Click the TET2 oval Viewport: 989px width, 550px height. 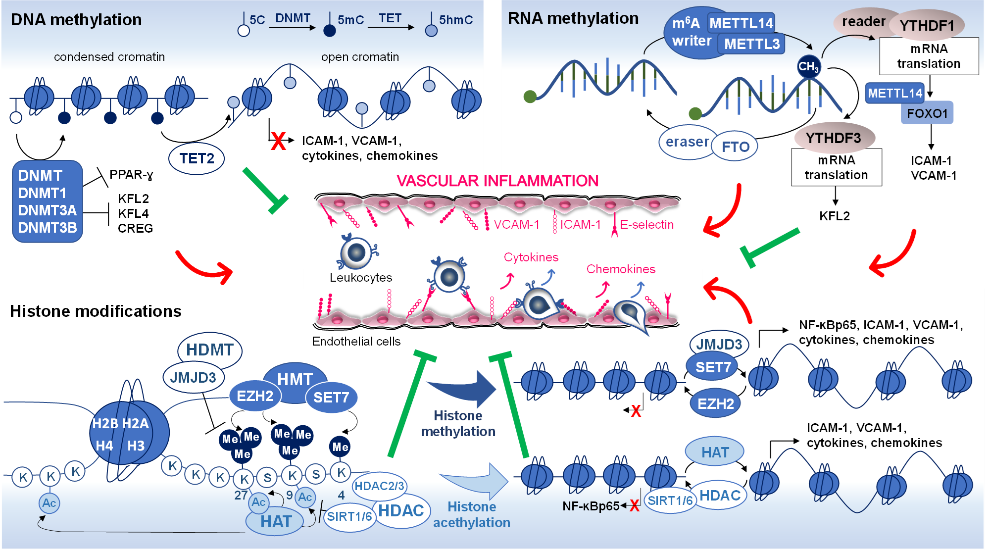pyautogui.click(x=197, y=158)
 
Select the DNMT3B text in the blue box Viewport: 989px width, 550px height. pyautogui.click(x=48, y=228)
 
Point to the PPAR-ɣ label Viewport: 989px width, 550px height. pyautogui.click(x=131, y=175)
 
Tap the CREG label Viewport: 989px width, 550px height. pyautogui.click(x=135, y=228)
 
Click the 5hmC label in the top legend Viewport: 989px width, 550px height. pyautogui.click(x=455, y=20)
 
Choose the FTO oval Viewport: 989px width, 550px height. pyautogui.click(x=735, y=147)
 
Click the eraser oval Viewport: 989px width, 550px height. pyautogui.click(x=687, y=142)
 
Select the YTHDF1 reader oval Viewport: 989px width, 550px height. pyautogui.click(x=927, y=26)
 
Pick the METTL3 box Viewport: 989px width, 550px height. pyautogui.click(x=751, y=44)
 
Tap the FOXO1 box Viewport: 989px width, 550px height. pyautogui.click(x=927, y=114)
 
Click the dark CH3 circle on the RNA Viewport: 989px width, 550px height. pyautogui.click(x=808, y=66)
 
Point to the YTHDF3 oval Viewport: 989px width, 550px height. pyautogui.click(x=834, y=138)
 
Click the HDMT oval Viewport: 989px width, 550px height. pyautogui.click(x=209, y=350)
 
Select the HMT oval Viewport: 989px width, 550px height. pyautogui.click(x=295, y=378)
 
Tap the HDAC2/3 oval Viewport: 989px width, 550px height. pyautogui.click(x=379, y=486)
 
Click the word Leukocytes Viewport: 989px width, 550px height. pyautogui.click(x=360, y=278)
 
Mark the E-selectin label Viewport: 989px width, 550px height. pyautogui.click(x=646, y=225)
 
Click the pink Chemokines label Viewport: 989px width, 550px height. pyautogui.click(x=621, y=269)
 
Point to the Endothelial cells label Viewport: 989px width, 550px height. pyautogui.click(x=356, y=342)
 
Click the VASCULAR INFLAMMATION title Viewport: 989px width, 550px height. pyautogui.click(x=497, y=181)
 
